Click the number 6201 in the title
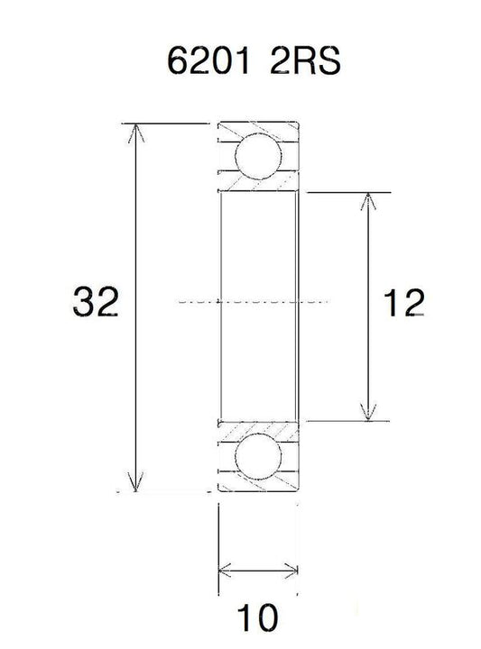(x=208, y=60)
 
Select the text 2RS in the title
(x=304, y=60)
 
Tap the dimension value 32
(x=96, y=302)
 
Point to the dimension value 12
(x=403, y=303)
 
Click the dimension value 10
(x=257, y=617)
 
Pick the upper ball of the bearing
(x=258, y=157)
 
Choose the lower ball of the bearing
(x=258, y=456)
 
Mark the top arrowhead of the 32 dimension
(x=136, y=133)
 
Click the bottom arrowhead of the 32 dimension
(x=136, y=482)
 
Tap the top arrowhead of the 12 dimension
(x=368, y=201)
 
